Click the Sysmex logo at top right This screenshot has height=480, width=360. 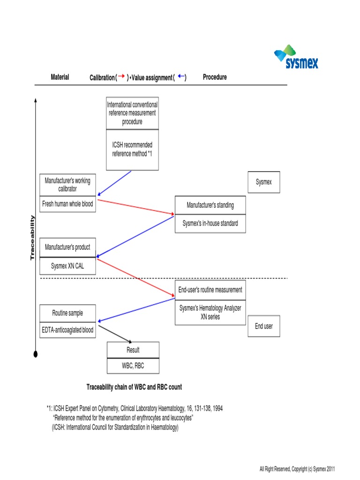pyautogui.click(x=296, y=57)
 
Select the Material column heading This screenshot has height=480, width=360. pyautogui.click(x=60, y=77)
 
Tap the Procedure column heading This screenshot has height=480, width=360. pyautogui.click(x=215, y=77)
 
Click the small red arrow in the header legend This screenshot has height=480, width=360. pyautogui.click(x=121, y=77)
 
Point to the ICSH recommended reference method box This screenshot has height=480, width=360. pyautogui.click(x=132, y=150)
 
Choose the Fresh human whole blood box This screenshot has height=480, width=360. pyautogui.click(x=67, y=204)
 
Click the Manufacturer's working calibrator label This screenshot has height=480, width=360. pyautogui.click(x=67, y=185)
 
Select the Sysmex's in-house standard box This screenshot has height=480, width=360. pyautogui.click(x=210, y=224)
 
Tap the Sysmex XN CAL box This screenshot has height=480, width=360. pyautogui.click(x=67, y=266)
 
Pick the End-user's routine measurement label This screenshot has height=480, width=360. pyautogui.click(x=210, y=290)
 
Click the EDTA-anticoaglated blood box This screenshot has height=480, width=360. pyautogui.click(x=67, y=330)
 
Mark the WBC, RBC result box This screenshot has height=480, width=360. pyautogui.click(x=133, y=366)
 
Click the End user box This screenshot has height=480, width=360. pyautogui.click(x=264, y=326)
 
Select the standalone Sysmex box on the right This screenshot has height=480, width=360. pyautogui.click(x=263, y=182)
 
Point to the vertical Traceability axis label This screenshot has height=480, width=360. pyautogui.click(x=32, y=238)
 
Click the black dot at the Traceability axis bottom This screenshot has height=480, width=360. pyautogui.click(x=36, y=355)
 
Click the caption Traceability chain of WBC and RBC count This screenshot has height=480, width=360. pyautogui.click(x=134, y=387)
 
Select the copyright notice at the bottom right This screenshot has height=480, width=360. pyautogui.click(x=297, y=469)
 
